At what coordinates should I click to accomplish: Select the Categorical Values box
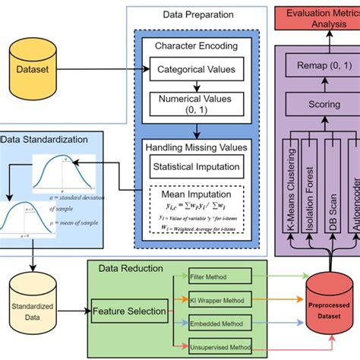click(x=196, y=71)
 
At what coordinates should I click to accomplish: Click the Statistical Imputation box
click(x=196, y=167)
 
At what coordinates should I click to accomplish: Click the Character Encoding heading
click(x=196, y=45)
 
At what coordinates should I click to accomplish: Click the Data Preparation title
click(x=196, y=14)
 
